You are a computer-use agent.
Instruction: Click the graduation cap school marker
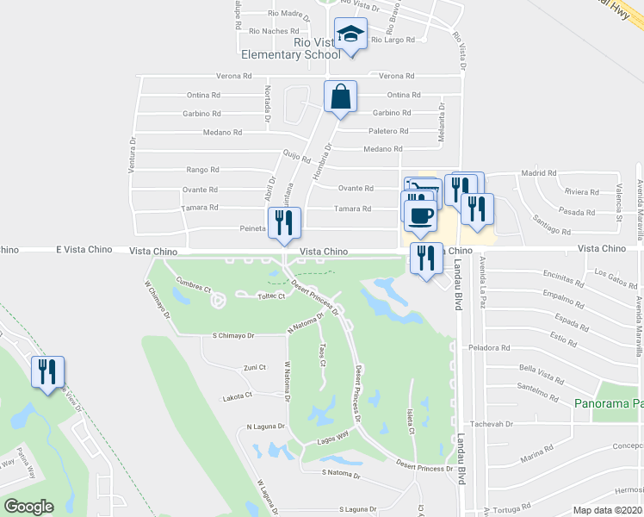[350, 34]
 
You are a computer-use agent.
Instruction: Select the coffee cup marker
[420, 215]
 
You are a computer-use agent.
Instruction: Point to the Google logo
[29, 507]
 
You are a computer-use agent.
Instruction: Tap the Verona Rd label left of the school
[234, 76]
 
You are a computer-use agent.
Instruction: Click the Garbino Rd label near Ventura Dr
[201, 114]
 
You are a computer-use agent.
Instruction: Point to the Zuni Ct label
[255, 368]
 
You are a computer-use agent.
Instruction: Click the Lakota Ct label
[236, 396]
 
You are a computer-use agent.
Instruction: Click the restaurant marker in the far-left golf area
[47, 372]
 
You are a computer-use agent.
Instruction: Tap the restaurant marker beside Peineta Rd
[284, 223]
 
